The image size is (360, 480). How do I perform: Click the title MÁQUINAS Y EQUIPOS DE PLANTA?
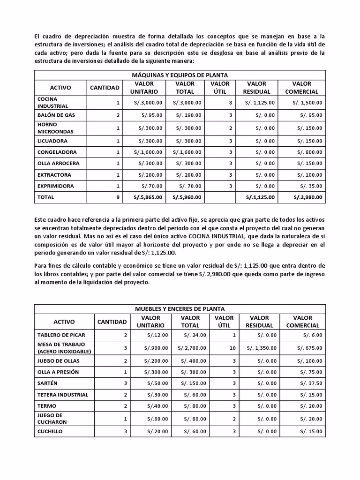pyautogui.click(x=180, y=75)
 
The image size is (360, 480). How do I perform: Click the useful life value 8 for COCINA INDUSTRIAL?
pyautogui.click(x=231, y=103)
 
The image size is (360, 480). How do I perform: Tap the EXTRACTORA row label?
pyautogui.click(x=54, y=175)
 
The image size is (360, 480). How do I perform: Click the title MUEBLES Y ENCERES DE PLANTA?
pyautogui.click(x=180, y=309)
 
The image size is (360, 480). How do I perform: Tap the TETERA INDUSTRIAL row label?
pyautogui.click(x=63, y=395)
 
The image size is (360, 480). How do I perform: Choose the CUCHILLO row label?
pyautogui.click(x=50, y=432)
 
